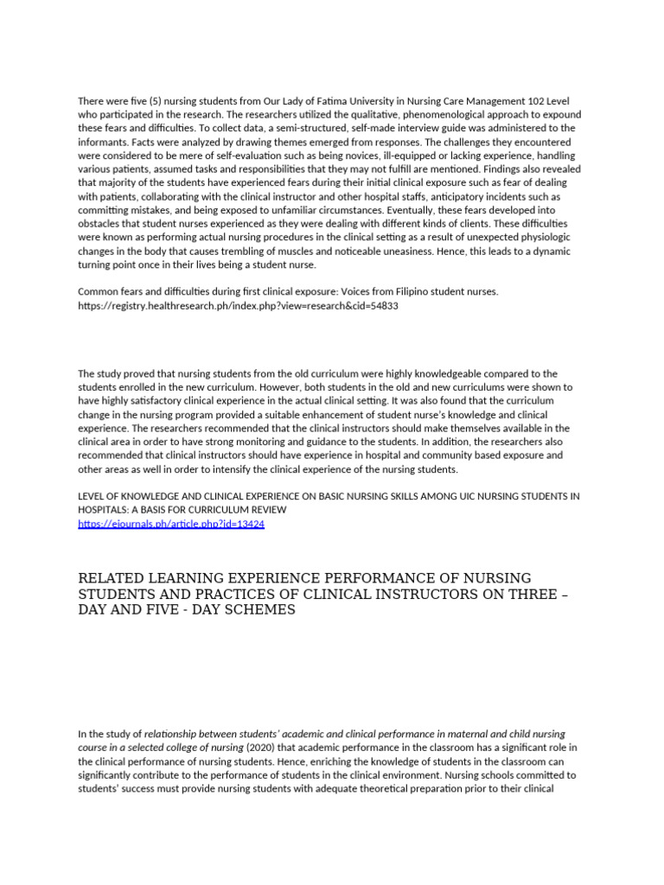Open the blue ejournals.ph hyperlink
click(171, 524)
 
